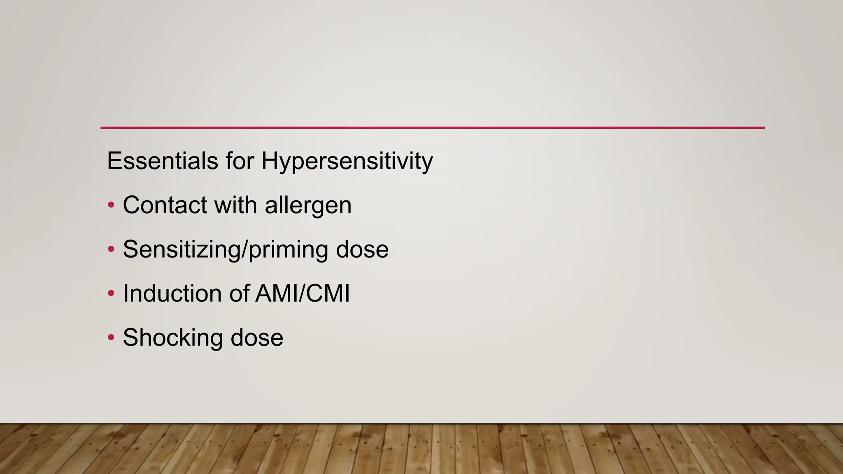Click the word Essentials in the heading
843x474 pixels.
162,160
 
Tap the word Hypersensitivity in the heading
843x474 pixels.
347,161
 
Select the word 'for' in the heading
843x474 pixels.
240,160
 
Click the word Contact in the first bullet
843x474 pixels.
165,205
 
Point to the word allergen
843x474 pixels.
308,206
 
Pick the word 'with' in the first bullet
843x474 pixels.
235,205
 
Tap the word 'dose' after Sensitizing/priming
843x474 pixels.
362,249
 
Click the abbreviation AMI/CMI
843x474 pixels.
303,293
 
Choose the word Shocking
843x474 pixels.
173,338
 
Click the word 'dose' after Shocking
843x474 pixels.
257,338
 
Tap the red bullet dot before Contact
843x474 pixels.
111,204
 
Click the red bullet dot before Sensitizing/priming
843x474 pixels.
111,249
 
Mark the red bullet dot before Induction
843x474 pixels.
111,293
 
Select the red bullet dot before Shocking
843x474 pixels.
111,338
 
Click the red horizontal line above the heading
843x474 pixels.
432,128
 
